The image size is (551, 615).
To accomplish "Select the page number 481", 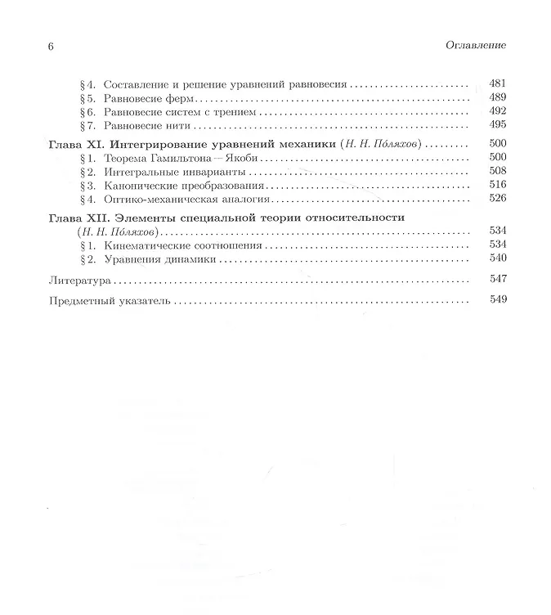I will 497,83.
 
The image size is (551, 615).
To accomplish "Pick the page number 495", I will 497,125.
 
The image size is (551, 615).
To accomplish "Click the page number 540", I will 497,258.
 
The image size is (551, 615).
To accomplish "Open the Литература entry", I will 79,280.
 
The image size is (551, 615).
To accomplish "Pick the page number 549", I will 497,300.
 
